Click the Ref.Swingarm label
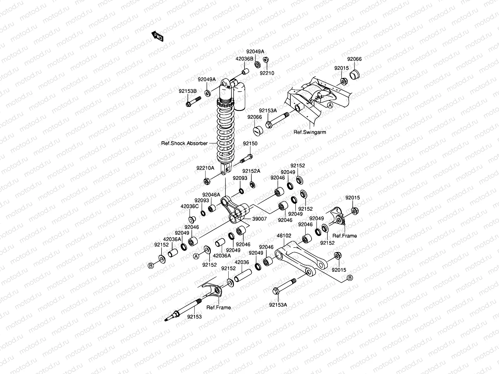(310, 132)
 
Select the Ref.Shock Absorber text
(184, 143)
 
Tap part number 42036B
(244, 58)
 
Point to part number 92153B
(188, 91)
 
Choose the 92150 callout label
(250, 144)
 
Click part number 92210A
(205, 168)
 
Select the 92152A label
(251, 171)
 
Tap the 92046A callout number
(211, 194)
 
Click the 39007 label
(259, 219)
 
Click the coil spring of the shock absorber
(225, 131)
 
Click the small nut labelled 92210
(266, 60)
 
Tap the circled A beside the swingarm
(330, 106)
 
